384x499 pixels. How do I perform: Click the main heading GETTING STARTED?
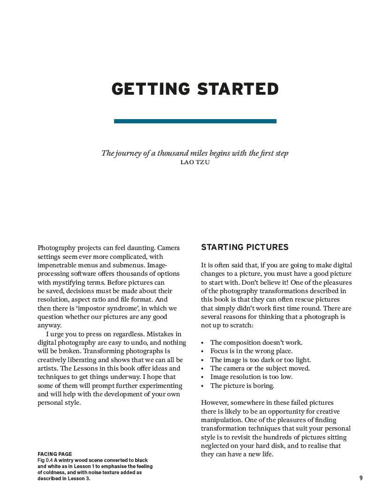point(195,89)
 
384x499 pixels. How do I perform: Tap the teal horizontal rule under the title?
point(195,121)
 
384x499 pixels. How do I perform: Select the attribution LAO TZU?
point(195,162)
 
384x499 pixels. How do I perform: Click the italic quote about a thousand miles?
point(195,153)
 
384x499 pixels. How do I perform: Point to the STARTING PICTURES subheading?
point(245,247)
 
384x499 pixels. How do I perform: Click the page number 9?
point(361,478)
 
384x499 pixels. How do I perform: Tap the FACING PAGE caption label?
point(55,454)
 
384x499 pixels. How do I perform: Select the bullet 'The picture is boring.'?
point(242,386)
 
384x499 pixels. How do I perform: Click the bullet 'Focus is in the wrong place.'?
point(251,351)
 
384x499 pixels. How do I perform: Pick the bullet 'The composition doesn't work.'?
point(256,342)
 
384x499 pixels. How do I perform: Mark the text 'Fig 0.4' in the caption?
point(45,460)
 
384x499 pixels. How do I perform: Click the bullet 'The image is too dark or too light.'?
point(260,360)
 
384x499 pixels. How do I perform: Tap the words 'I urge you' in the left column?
point(61,334)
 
